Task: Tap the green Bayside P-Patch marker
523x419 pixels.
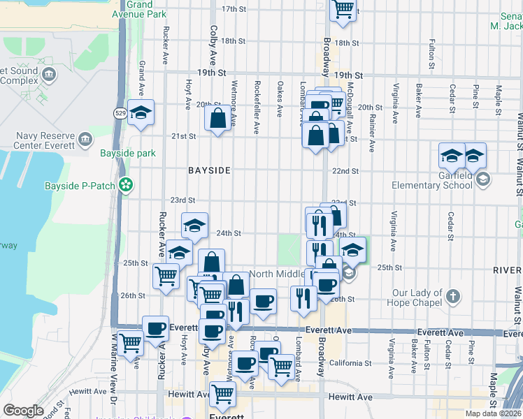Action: pos(126,186)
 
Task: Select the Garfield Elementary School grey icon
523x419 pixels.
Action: pos(482,180)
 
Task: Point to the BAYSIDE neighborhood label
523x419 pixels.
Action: pos(209,170)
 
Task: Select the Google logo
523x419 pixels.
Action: pos(24,411)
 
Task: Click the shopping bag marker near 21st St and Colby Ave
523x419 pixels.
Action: pos(217,118)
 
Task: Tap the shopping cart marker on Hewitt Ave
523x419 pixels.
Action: pos(223,394)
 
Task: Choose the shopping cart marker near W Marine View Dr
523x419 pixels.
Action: pos(131,343)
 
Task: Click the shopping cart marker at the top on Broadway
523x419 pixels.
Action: pos(343,10)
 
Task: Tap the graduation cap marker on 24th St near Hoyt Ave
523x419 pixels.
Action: pos(194,225)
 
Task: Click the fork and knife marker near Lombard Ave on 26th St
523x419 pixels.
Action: pos(303,298)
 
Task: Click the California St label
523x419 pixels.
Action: pos(351,363)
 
